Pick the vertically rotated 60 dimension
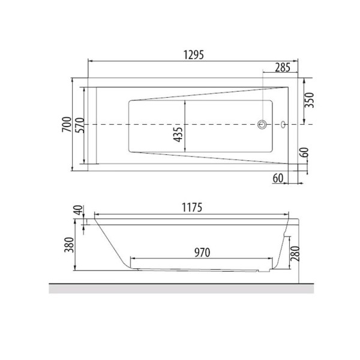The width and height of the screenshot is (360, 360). [x=305, y=152]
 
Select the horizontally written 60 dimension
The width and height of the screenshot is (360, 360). [x=278, y=178]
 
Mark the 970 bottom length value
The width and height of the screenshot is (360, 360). [x=202, y=252]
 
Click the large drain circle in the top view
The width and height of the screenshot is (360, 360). [x=262, y=125]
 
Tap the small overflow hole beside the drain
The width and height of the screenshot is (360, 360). [x=283, y=125]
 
